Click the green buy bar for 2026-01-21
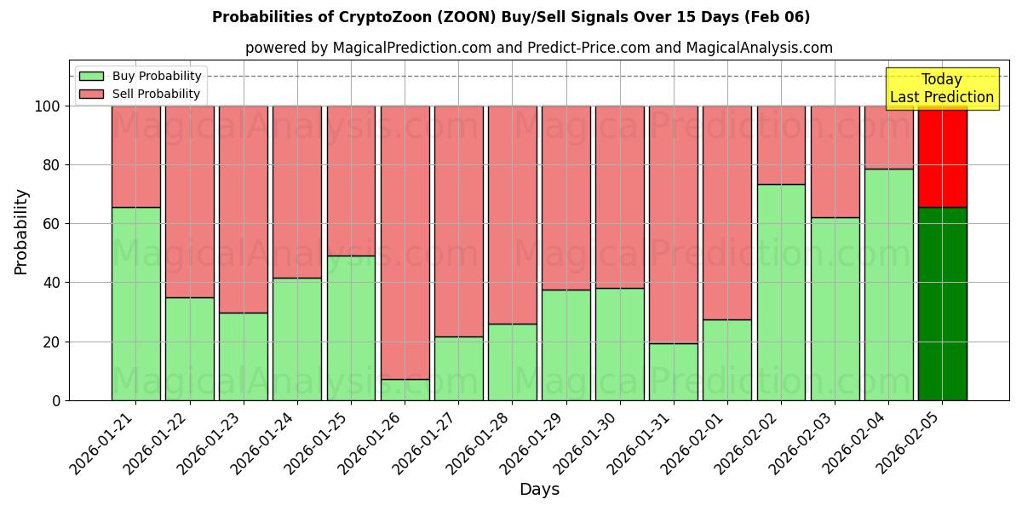click(x=135, y=303)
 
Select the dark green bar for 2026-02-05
click(x=942, y=303)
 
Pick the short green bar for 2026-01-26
click(x=405, y=389)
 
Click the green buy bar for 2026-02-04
click(x=888, y=284)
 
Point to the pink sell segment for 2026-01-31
click(x=673, y=224)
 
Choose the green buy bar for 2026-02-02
click(x=781, y=292)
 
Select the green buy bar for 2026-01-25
click(x=351, y=328)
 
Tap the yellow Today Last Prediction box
click(x=941, y=89)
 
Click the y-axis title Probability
click(x=22, y=232)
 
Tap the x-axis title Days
click(x=539, y=490)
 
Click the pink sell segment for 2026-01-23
click(x=243, y=209)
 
